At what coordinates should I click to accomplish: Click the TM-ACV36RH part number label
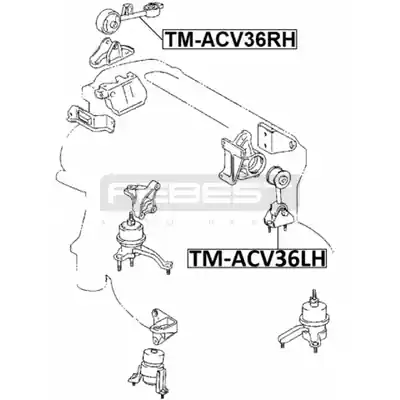click(229, 39)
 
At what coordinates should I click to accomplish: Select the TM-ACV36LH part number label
click(256, 259)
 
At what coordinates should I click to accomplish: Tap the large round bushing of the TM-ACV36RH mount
click(108, 19)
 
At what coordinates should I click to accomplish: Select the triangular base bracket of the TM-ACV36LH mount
click(279, 217)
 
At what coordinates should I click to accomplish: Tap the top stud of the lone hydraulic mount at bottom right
click(314, 295)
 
